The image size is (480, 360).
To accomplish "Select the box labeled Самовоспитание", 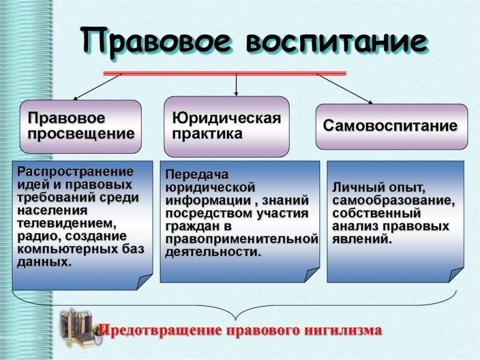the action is [392, 127].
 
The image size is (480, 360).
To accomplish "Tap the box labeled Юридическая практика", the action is [227, 127].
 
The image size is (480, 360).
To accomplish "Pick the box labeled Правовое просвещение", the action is [80, 127].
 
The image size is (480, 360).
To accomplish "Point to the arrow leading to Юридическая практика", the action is [236, 85].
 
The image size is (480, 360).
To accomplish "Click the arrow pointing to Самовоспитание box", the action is [345, 89].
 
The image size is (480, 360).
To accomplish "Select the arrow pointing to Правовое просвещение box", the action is [97, 87].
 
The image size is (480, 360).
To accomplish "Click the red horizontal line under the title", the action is [224, 73].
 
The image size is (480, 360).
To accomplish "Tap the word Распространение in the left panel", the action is [76, 172].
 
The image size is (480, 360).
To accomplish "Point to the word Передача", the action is [197, 175].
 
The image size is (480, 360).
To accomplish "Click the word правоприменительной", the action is [242, 239].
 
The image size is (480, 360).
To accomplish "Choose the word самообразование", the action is [394, 201].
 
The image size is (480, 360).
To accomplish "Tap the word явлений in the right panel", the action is [362, 239].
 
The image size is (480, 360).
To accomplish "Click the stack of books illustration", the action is [79, 328].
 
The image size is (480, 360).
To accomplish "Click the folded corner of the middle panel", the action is [312, 275].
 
